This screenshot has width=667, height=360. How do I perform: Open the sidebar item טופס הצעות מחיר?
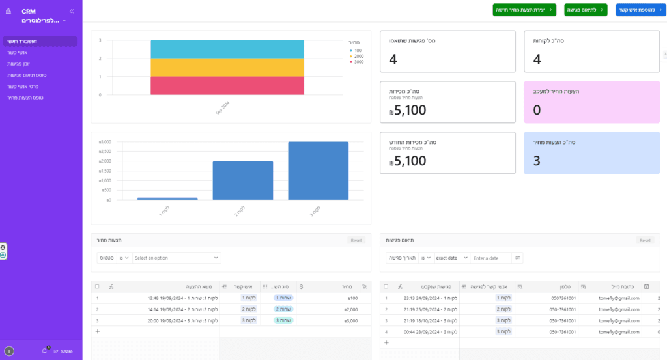point(21,97)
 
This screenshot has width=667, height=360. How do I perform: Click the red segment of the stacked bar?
point(227,85)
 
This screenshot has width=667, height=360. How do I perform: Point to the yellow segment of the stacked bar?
point(227,67)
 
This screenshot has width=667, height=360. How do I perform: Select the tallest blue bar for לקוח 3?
point(318,171)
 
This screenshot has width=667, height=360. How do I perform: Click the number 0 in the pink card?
point(537,110)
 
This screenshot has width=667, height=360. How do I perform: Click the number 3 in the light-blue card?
point(537,161)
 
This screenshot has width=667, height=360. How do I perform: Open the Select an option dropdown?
point(177,258)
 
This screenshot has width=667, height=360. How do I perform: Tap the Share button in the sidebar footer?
point(63,351)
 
